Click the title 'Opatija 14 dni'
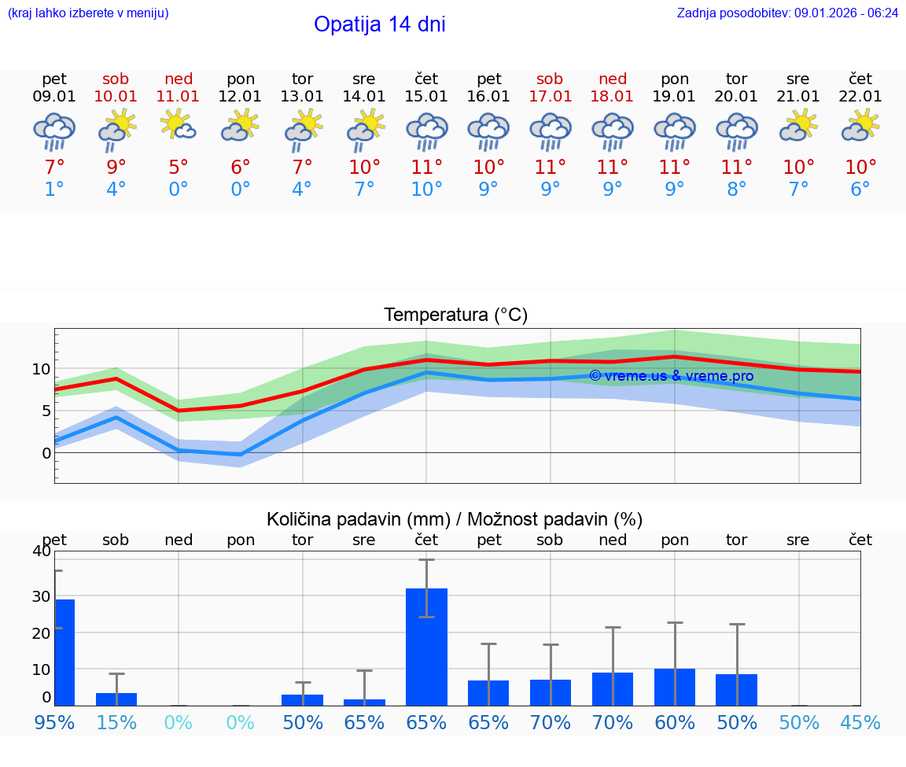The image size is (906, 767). [379, 24]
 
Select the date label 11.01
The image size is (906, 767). [179, 96]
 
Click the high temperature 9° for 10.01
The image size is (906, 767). [116, 167]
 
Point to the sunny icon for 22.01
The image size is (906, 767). [860, 125]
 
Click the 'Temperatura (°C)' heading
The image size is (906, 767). [455, 315]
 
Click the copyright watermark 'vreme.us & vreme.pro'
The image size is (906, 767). [671, 376]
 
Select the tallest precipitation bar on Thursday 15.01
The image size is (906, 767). [426, 647]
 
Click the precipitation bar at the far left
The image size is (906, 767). [64, 652]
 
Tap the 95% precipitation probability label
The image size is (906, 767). [54, 722]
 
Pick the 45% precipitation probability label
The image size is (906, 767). [860, 722]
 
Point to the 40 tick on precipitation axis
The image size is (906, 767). [41, 551]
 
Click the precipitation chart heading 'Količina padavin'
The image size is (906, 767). [454, 519]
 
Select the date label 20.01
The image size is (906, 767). [736, 96]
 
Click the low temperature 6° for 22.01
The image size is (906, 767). [860, 190]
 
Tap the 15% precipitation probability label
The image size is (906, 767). [116, 722]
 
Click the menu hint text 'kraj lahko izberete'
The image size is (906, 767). [87, 13]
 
